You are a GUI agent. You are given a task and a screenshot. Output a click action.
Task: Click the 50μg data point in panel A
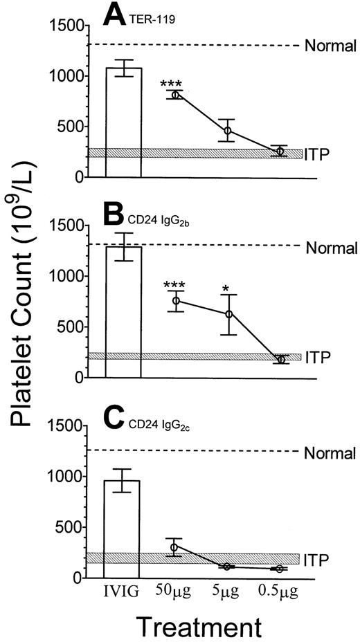coord(175,95)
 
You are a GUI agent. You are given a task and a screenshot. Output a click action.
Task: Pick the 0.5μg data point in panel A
coord(279,151)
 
